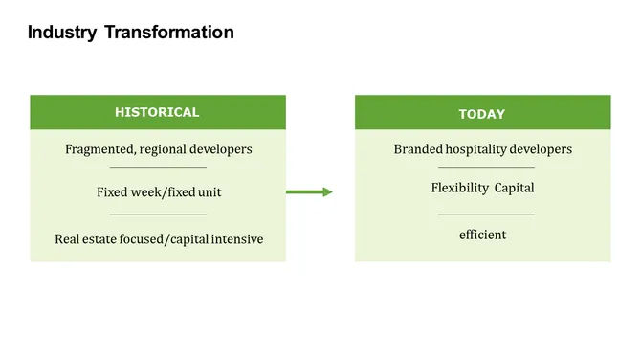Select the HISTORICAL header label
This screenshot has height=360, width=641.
157,112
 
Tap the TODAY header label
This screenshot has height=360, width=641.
481,114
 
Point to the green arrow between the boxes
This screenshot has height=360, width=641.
309,192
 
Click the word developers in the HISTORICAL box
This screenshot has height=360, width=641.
223,149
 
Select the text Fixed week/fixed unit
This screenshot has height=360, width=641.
159,192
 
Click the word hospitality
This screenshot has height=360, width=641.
477,149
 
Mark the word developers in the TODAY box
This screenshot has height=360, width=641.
542,149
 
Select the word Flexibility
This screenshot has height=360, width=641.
460,188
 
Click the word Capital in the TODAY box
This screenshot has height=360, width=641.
514,188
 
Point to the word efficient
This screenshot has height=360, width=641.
482,235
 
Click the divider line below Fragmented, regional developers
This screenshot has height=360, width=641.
158,169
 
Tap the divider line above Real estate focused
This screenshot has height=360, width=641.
158,214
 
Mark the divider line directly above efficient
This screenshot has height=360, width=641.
486,214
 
